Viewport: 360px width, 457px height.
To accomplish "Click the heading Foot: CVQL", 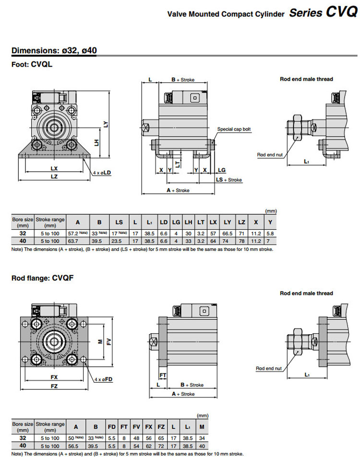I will pos(32,64).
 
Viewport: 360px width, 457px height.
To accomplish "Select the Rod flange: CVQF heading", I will pos(42,277).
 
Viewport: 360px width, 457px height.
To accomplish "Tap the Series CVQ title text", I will pos(323,13).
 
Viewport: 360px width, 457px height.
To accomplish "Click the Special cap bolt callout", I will pos(234,129).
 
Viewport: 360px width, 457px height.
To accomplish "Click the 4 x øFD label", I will pos(103,379).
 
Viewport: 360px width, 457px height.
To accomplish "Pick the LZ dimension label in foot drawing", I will pos(54,177).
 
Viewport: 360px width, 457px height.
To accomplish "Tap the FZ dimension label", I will pos(54,386).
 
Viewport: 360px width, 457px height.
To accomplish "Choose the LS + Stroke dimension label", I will pos(229,180).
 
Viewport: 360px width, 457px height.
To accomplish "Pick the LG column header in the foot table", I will pos(176,222).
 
